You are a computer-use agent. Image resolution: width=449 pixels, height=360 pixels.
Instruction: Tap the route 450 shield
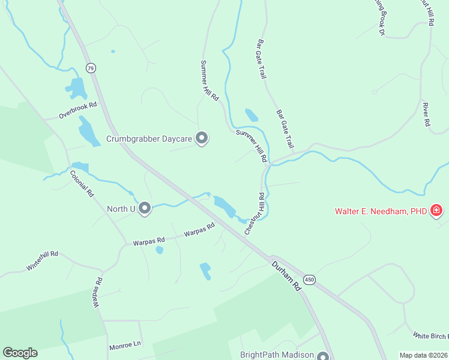pos(309,280)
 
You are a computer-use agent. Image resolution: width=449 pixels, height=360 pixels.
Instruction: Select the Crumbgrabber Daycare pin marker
pos(202,139)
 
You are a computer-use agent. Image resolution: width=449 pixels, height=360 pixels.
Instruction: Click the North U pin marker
pos(144,209)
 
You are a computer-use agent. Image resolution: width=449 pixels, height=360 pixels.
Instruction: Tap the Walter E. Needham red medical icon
pos(437,211)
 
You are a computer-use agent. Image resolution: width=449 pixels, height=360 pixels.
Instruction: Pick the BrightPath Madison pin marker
pos(324,355)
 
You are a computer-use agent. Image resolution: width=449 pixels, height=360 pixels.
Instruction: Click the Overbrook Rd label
pos(77,110)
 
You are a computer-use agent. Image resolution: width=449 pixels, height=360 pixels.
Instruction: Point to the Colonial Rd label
pos(82,184)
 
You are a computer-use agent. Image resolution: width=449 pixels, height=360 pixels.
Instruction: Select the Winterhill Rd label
pos(42,260)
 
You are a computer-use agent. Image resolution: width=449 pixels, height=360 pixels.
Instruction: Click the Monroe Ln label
pos(125,347)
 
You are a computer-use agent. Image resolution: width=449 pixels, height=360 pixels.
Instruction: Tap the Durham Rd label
pos(285,275)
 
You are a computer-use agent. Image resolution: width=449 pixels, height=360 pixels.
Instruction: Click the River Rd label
pos(426,113)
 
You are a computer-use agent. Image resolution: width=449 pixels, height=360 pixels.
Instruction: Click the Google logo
pos(20,353)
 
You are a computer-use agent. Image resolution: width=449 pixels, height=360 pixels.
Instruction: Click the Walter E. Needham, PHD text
pos(380,211)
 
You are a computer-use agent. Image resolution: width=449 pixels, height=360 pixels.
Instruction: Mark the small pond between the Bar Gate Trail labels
pos(252,115)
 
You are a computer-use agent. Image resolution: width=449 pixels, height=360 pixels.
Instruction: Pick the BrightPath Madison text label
pos(277,355)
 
